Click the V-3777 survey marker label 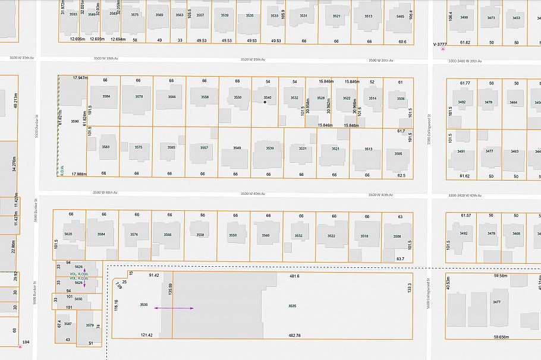[x=439, y=44]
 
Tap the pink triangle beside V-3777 [x=442, y=49]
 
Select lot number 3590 [x=75, y=121]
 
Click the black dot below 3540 [x=265, y=102]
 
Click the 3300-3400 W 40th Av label [x=464, y=195]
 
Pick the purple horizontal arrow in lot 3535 [x=174, y=308]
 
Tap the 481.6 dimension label [x=294, y=276]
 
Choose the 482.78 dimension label [x=294, y=336]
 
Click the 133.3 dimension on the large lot [x=409, y=288]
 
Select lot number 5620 [x=68, y=234]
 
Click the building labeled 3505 [x=398, y=153]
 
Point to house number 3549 [x=237, y=148]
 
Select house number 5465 [x=400, y=17]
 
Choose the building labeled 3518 [x=364, y=236]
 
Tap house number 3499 [x=464, y=17]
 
